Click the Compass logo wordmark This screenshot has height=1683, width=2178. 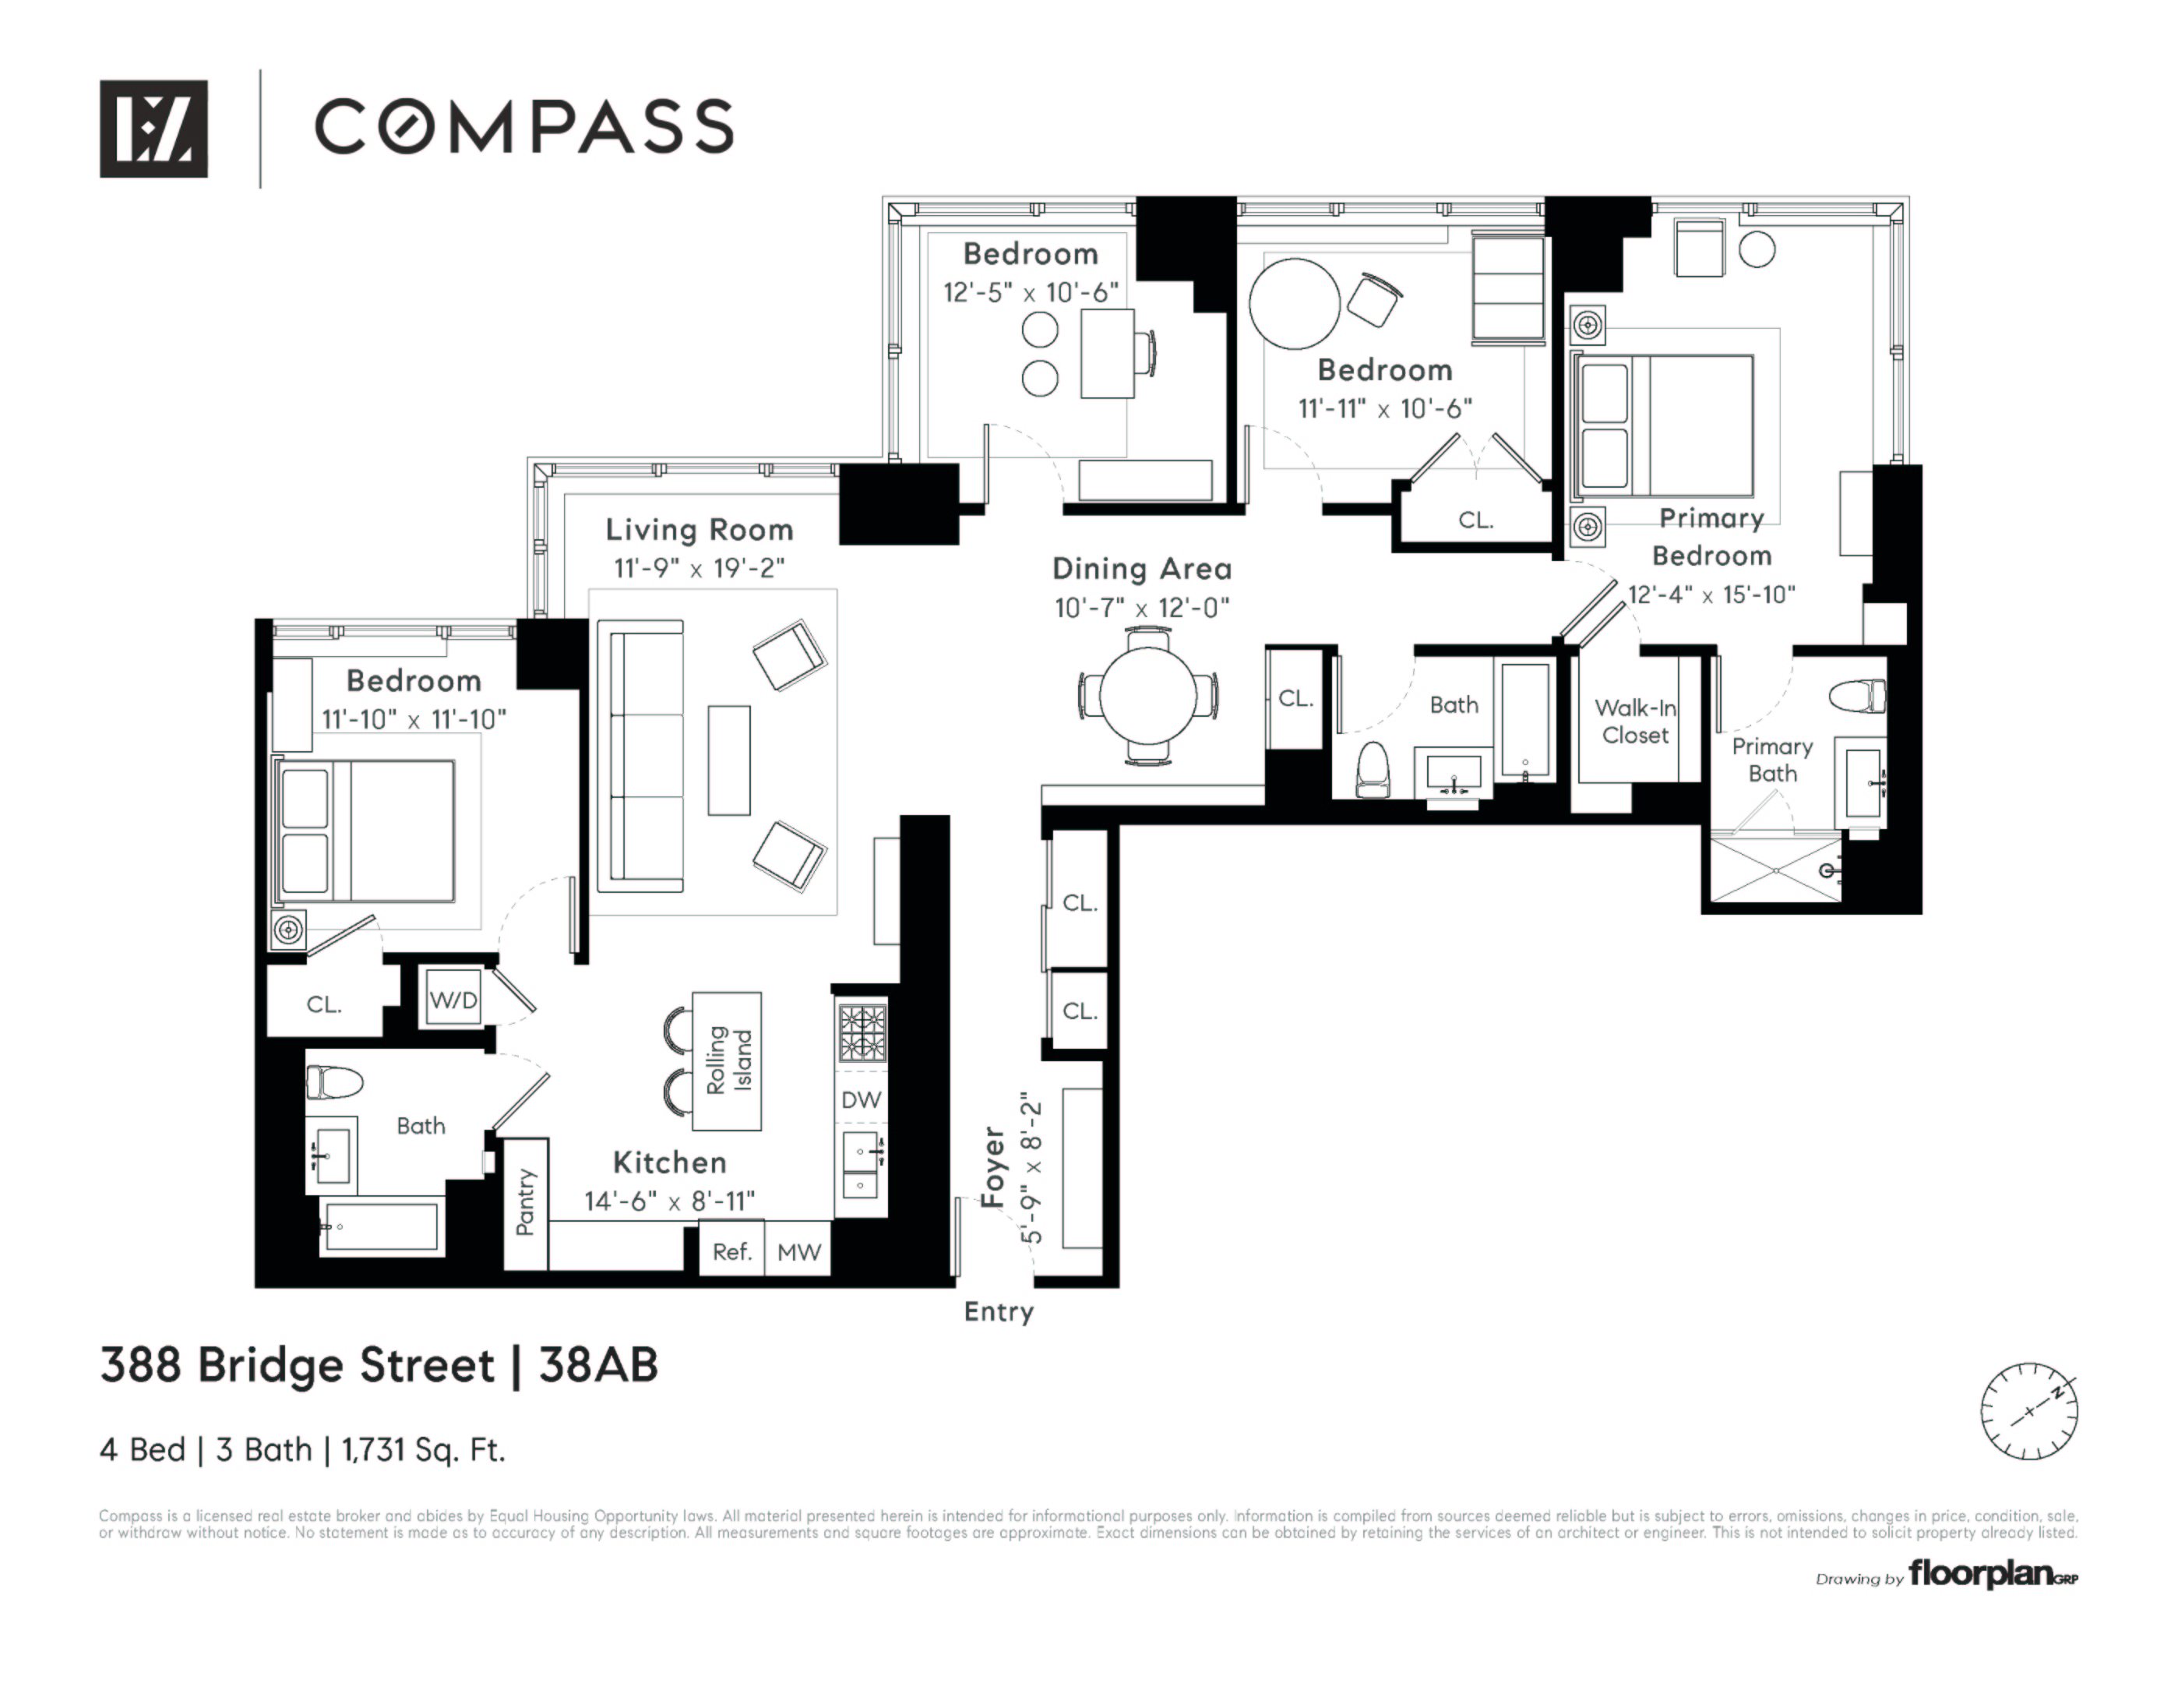point(523,127)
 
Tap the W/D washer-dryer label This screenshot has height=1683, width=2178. point(453,1000)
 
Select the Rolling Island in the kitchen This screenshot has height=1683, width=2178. point(727,1060)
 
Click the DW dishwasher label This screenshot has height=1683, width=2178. point(861,1099)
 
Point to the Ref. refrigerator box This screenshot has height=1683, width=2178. point(731,1251)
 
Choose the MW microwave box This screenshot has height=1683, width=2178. point(798,1251)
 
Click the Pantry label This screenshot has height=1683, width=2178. point(526,1202)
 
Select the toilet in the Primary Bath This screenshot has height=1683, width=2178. point(1858,695)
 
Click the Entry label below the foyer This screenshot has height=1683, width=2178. point(999,1312)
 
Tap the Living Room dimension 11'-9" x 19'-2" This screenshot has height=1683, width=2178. point(699,568)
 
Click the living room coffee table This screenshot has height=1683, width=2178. point(729,760)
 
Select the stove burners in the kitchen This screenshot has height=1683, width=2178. point(862,1032)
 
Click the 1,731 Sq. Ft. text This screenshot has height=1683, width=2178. point(423,1449)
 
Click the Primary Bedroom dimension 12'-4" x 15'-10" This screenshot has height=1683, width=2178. point(1711,595)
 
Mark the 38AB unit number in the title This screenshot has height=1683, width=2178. point(598,1365)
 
